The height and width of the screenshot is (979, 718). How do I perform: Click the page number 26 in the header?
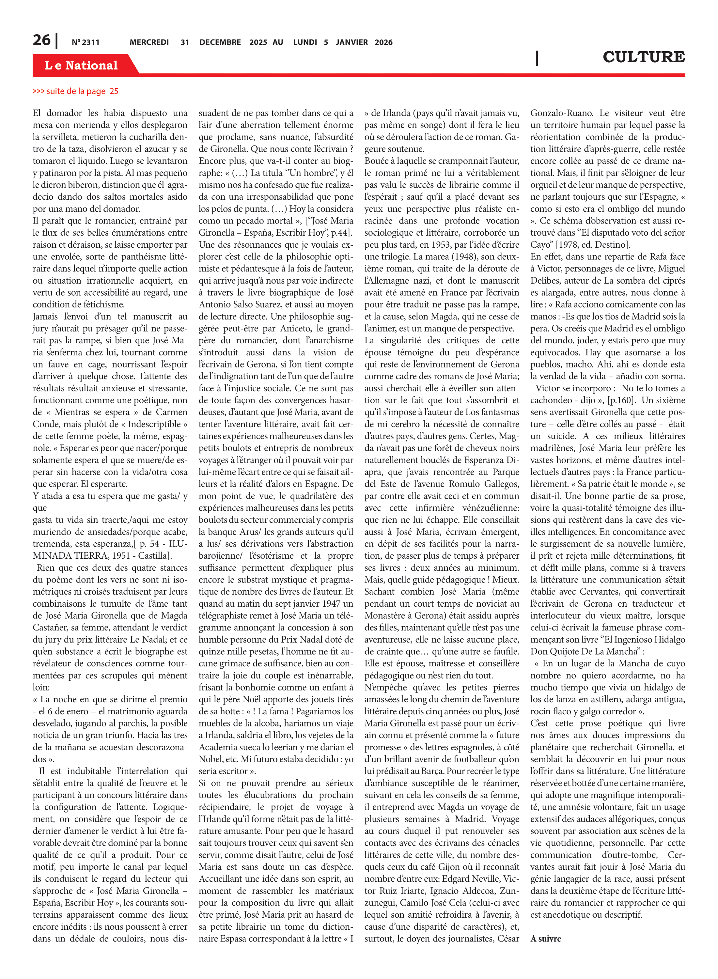(x=42, y=40)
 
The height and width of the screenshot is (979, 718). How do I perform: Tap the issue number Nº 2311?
(x=86, y=42)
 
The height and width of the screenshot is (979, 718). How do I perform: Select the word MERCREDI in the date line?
(x=149, y=42)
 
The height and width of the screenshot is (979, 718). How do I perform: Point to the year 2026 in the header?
(x=383, y=42)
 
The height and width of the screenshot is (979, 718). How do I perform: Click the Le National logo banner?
(x=81, y=66)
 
